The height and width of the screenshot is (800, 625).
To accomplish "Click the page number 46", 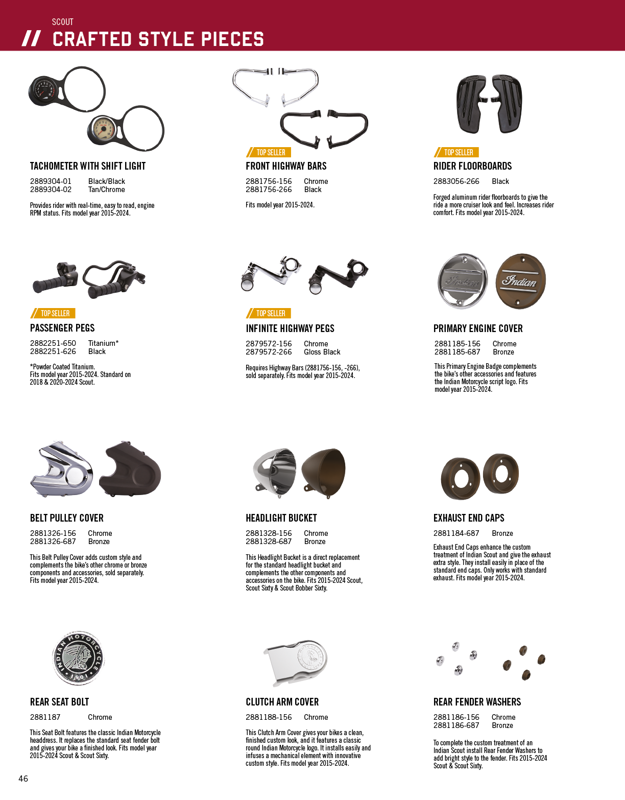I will (x=23, y=779).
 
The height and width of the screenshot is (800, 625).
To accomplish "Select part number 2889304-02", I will (x=51, y=190).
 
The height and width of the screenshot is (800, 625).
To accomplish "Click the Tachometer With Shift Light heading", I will (x=88, y=166).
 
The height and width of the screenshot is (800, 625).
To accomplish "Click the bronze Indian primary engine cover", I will (x=520, y=281).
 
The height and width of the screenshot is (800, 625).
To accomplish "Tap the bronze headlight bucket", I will (x=324, y=473).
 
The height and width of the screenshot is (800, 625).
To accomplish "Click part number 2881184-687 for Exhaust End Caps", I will (x=456, y=533).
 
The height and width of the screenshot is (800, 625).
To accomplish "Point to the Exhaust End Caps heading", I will (x=469, y=518).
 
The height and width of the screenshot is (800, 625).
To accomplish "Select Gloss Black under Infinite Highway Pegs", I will (x=322, y=352).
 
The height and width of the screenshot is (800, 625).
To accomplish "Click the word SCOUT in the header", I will (x=63, y=22).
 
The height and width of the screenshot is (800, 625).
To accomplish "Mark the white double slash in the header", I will (x=32, y=38).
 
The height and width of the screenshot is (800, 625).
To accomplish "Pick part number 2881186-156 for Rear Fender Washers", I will (x=456, y=717).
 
